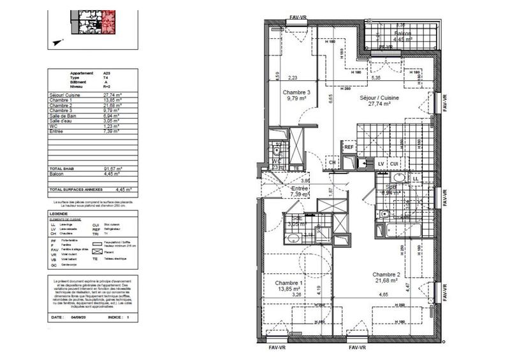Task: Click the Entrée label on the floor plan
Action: click(x=300, y=189)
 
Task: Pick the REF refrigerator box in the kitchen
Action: click(x=349, y=148)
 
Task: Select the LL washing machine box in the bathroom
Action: click(x=416, y=179)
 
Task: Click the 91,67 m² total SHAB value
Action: click(x=113, y=168)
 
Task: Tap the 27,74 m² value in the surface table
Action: click(x=113, y=94)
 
